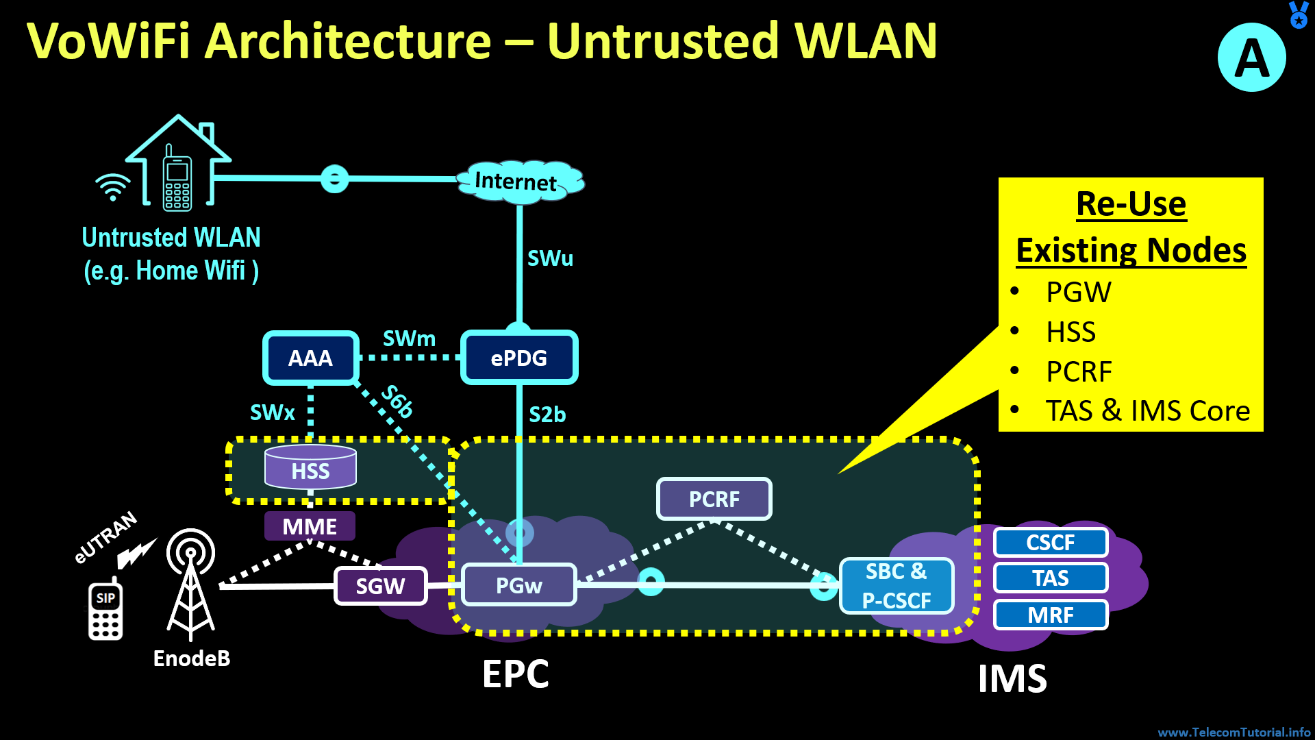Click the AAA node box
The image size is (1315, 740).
(x=311, y=358)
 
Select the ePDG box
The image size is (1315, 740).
(x=519, y=358)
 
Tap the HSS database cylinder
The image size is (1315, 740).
(x=310, y=468)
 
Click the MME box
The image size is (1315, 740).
(x=310, y=526)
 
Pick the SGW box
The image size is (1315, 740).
(x=381, y=586)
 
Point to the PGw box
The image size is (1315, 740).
(x=519, y=585)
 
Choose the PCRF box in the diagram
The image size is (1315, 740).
(x=714, y=499)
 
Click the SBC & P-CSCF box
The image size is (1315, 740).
(x=897, y=586)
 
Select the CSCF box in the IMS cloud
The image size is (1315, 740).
(x=1051, y=543)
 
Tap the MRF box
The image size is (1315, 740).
(x=1051, y=615)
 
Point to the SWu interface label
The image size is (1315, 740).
(x=550, y=258)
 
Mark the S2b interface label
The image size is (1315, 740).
(x=547, y=415)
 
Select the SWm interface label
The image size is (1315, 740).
(x=409, y=338)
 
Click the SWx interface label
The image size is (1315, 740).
(x=272, y=412)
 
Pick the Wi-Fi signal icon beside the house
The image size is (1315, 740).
(x=113, y=186)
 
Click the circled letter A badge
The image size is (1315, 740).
(x=1251, y=58)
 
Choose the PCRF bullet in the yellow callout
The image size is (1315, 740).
(x=1079, y=371)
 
